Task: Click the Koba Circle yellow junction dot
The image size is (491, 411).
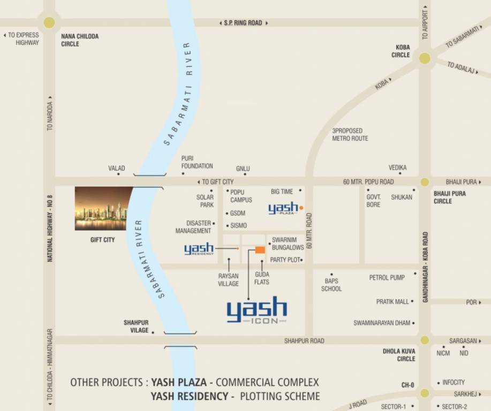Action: point(425,58)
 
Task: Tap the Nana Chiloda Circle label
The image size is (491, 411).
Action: point(79,40)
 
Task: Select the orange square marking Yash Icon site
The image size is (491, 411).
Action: point(260,250)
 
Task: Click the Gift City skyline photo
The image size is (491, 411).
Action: point(102,208)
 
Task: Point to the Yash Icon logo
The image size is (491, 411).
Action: point(257,311)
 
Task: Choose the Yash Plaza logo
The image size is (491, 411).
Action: point(284,208)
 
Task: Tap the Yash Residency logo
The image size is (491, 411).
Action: point(199,249)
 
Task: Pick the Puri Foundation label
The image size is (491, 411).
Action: point(197,162)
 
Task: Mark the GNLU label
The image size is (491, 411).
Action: point(243,169)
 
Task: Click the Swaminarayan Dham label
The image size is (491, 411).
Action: point(382,323)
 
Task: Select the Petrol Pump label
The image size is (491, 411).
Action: point(387,278)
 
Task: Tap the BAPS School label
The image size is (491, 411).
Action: point(331,285)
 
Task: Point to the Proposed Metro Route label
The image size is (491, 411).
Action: point(350,134)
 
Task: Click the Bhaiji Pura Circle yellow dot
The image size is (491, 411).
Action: point(425,182)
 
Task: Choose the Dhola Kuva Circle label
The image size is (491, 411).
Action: point(399,355)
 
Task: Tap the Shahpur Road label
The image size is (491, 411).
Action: point(304,341)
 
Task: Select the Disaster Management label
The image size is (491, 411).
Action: point(193,227)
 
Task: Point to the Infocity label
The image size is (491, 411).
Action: point(454,383)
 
